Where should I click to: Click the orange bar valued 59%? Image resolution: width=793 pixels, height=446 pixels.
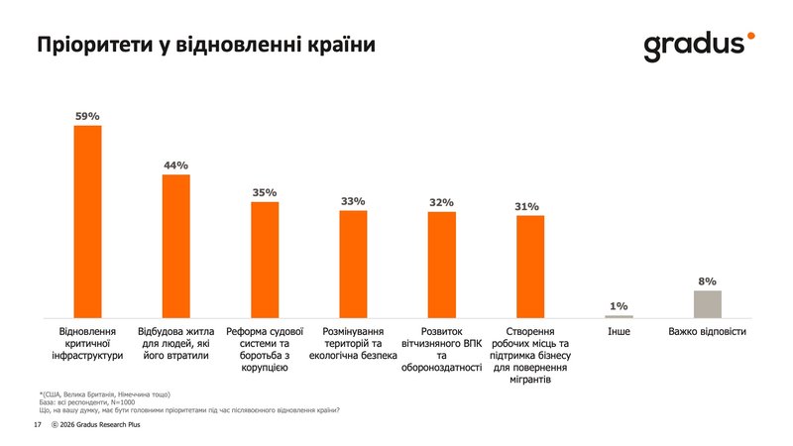click(88, 221)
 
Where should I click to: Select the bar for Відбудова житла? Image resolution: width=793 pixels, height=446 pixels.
click(176, 246)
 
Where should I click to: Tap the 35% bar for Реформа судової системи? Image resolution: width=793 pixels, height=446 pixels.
click(265, 260)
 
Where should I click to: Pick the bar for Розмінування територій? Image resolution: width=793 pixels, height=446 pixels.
click(353, 264)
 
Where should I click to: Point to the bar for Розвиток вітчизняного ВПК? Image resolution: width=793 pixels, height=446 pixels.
click(441, 265)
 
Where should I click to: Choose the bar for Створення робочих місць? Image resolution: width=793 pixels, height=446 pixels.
click(530, 267)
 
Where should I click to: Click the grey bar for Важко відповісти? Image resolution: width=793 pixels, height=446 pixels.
click(707, 304)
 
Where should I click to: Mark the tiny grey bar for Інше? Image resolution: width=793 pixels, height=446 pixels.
click(619, 316)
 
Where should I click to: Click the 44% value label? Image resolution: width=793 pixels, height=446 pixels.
click(176, 165)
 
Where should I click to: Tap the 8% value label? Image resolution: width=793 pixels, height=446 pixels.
click(707, 280)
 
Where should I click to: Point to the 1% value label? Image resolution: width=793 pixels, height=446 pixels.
click(619, 306)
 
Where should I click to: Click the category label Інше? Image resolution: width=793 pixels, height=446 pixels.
click(619, 331)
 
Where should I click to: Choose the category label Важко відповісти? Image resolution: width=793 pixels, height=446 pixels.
click(707, 331)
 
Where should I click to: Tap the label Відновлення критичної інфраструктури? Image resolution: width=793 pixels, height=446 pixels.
click(88, 342)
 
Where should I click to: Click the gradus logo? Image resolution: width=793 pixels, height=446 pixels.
click(694, 46)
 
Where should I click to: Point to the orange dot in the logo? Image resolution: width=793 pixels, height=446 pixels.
click(751, 35)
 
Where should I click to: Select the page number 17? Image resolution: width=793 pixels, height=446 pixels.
click(37, 425)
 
